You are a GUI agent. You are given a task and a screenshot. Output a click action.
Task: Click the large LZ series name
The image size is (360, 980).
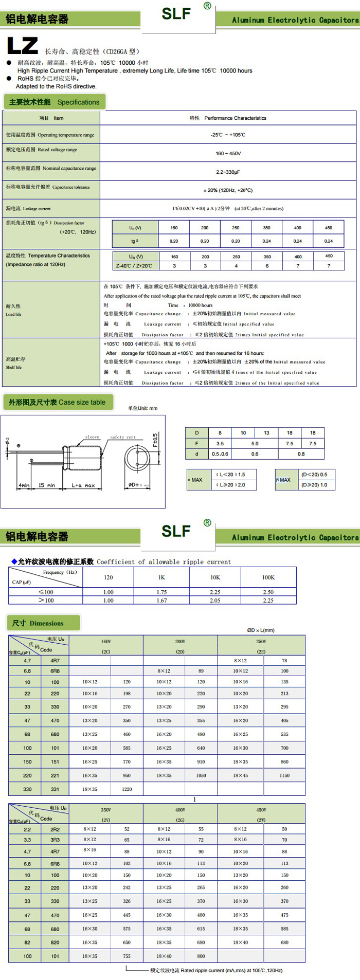point(23,46)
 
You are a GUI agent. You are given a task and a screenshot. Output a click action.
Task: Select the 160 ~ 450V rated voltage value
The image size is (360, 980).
point(228,153)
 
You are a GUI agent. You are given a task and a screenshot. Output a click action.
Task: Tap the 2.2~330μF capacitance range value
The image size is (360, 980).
point(228,172)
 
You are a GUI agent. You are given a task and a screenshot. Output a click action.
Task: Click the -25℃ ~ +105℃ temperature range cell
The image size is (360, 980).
point(228,135)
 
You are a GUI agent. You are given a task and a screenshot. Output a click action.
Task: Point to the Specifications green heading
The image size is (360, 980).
point(54,102)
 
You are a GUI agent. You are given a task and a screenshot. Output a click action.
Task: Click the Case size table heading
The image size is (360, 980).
point(57,402)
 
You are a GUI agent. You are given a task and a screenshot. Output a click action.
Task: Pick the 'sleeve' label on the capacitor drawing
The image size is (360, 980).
point(92,437)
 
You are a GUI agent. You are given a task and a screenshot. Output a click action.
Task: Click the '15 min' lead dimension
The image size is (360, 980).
point(47,485)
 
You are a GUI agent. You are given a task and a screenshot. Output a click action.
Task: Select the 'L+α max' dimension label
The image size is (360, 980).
point(83,485)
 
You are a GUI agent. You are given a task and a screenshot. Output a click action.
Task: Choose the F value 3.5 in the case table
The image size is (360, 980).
point(220,443)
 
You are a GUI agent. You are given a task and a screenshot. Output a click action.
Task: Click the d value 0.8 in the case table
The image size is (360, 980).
point(301,454)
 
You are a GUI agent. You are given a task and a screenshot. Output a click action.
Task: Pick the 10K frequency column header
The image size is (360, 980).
point(215,577)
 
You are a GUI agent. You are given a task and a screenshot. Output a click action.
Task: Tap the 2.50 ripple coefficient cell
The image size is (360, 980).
point(268,592)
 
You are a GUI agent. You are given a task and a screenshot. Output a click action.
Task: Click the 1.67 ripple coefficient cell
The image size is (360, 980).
point(161,600)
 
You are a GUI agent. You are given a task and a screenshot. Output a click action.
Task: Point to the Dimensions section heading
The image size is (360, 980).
point(44,623)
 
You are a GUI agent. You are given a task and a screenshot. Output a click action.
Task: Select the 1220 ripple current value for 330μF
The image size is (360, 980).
point(127,789)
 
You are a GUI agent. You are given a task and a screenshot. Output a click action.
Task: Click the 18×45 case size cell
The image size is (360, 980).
point(240,775)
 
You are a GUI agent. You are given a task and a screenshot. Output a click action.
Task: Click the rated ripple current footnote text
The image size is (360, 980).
point(216,970)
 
